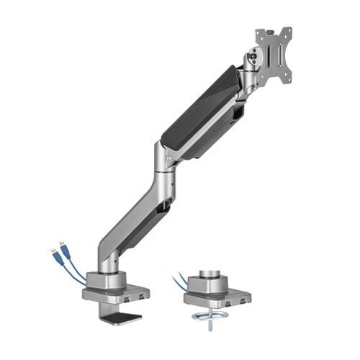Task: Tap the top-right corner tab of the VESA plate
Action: coord(289,31)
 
